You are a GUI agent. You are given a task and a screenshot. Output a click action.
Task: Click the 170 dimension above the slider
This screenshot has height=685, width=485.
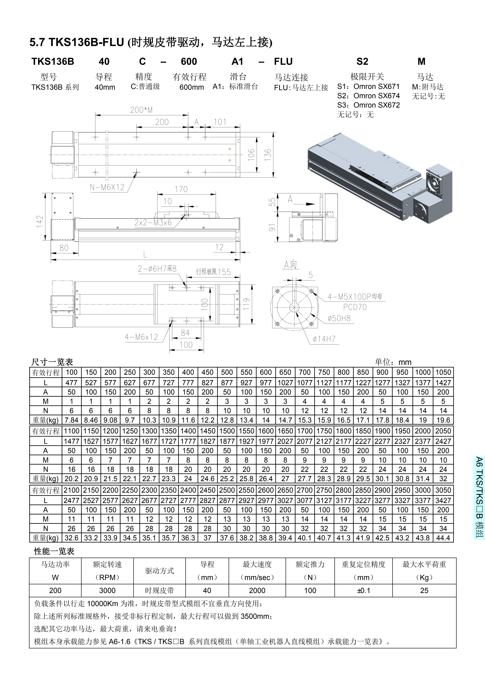(181, 189)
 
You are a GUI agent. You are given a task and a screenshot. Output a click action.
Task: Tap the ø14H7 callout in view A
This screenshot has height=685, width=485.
(324, 339)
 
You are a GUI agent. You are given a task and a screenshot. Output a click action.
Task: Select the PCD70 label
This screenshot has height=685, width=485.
(355, 307)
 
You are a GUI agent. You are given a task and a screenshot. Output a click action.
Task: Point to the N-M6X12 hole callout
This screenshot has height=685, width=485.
(107, 187)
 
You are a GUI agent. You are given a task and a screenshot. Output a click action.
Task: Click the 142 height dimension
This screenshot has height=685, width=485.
(40, 221)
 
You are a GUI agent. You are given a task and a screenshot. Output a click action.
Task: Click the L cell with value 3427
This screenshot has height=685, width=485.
(443, 500)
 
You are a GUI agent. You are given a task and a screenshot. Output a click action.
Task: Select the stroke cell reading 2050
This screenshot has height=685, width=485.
(443, 431)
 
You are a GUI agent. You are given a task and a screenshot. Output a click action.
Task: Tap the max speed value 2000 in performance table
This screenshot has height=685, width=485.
(257, 590)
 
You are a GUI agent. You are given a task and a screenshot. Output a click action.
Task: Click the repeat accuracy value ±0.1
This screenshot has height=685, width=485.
(363, 590)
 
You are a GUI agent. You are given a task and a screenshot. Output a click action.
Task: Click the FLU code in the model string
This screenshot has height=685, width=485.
(283, 61)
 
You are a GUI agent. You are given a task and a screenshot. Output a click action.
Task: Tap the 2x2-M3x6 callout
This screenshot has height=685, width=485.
(153, 223)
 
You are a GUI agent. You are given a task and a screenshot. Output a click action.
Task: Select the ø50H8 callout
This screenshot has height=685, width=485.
(339, 318)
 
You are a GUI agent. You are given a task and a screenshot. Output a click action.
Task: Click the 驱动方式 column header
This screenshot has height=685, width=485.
(159, 571)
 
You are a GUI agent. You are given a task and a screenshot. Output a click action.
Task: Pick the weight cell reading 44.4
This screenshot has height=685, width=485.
(443, 538)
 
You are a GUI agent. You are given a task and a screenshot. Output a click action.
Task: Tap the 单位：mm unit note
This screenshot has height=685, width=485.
(393, 362)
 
